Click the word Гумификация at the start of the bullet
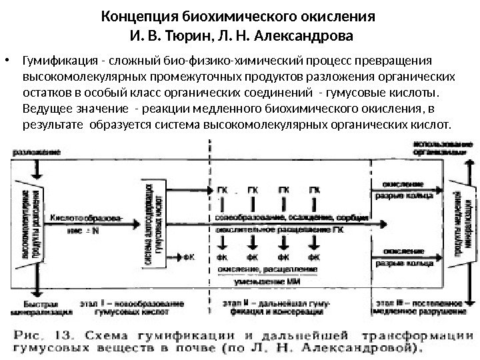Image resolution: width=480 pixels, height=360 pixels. [x=57, y=62]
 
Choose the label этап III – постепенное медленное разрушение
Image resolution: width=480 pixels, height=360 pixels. [x=425, y=307]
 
